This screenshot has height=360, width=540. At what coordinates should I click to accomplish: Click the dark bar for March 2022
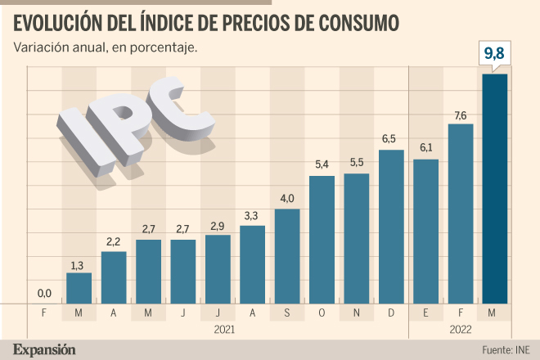[x=495, y=189]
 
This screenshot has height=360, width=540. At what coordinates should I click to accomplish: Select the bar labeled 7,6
[x=461, y=214]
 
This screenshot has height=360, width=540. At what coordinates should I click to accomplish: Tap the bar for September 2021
[x=287, y=256]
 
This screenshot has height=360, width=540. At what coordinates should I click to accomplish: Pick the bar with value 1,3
[x=79, y=288]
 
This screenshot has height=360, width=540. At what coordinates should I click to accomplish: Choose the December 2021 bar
[x=391, y=227]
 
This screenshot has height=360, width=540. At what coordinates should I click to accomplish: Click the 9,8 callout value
[x=494, y=53]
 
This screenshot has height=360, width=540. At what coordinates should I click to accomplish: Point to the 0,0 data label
[x=44, y=294]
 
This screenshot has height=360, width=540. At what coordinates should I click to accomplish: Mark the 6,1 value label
[x=426, y=148]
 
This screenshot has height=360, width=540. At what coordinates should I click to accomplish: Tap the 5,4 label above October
[x=322, y=164]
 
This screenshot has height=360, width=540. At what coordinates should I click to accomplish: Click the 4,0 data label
[x=287, y=199]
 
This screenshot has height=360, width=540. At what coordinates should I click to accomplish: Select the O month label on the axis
[x=322, y=313]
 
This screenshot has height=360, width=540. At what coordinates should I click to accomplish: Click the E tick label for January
[x=425, y=313]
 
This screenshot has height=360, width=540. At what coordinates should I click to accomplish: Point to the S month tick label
[x=287, y=313]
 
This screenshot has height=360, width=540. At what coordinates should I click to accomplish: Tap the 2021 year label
[x=224, y=330]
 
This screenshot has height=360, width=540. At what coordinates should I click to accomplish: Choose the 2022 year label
[x=461, y=330]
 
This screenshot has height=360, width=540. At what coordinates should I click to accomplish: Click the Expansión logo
[x=44, y=349]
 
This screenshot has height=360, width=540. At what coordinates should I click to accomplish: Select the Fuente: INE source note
[x=506, y=350]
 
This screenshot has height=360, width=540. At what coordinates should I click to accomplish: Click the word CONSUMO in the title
[x=358, y=23]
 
